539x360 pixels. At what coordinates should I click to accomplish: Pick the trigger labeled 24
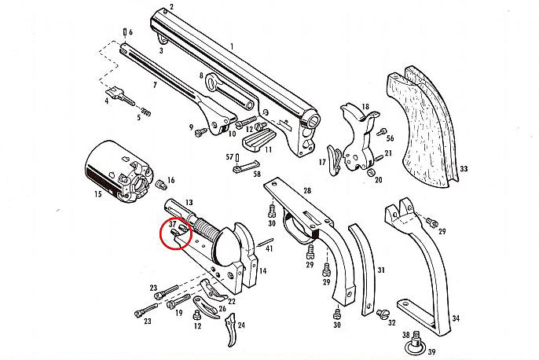233,335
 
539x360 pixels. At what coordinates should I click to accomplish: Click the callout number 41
268,248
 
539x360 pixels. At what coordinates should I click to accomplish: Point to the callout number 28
307,191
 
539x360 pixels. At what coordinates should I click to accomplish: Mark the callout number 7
154,84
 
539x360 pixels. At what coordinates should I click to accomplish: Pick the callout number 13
189,203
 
